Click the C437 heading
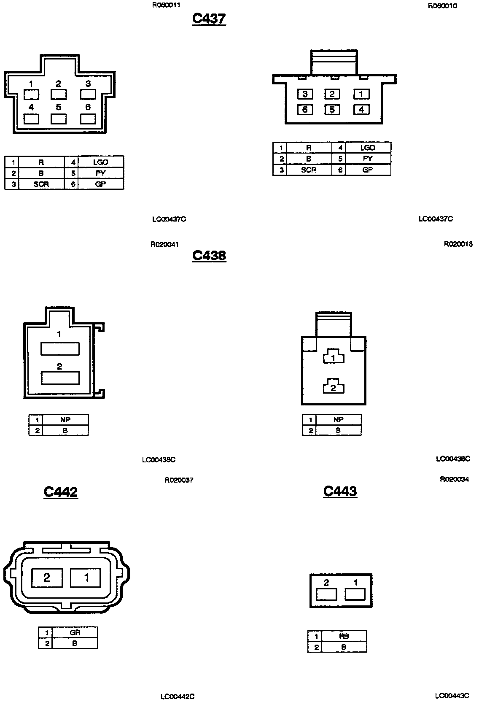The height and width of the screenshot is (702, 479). (209, 19)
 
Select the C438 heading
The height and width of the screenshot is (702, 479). (209, 255)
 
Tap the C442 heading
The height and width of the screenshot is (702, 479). (61, 491)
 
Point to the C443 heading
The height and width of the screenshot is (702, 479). (340, 491)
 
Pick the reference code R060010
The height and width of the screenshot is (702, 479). (442, 6)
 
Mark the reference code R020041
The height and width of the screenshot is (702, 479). (165, 244)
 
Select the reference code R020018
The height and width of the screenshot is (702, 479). (458, 244)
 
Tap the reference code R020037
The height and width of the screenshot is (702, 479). (179, 480)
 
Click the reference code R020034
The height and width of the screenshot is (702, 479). (454, 479)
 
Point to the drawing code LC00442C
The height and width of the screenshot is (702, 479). (178, 697)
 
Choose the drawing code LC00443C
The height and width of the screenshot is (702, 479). (452, 696)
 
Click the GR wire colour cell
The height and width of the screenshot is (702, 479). (75, 632)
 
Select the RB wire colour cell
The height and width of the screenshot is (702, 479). (344, 637)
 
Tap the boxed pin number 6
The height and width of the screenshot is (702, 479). (305, 110)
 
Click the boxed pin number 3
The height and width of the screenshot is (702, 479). (305, 94)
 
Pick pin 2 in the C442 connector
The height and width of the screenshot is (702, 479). (47, 577)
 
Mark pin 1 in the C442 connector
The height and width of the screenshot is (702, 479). (86, 577)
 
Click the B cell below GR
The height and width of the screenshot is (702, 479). (75, 643)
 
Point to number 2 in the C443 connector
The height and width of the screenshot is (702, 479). (326, 583)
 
